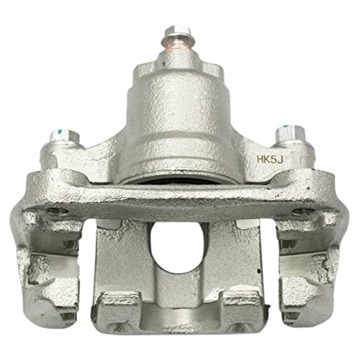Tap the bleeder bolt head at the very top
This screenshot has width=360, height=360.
(x=176, y=32)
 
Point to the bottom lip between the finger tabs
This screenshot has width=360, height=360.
(x=176, y=317)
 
